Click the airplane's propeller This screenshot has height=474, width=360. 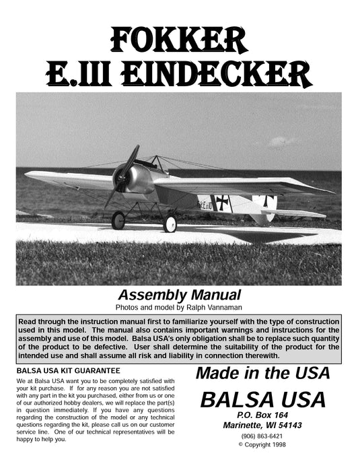(123, 176)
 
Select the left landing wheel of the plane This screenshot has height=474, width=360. (119, 220)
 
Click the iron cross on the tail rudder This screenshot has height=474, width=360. (268, 201)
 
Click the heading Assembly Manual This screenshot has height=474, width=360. (179, 294)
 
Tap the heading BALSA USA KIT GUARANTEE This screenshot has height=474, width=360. (67, 371)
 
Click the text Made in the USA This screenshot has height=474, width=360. (262, 373)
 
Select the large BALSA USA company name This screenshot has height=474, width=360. (262, 400)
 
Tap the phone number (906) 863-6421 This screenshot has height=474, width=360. (262, 436)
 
